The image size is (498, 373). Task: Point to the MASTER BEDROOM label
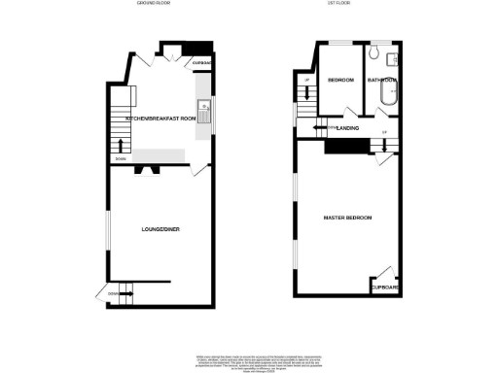pos(347,218)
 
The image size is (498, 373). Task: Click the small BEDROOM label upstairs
pos(339,80)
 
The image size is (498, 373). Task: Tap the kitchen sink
pos(205,107)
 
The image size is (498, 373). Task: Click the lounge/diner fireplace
pos(149,167)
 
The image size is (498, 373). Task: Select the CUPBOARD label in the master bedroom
pos(385,288)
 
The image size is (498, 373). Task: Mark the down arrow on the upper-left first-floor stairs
pos(307,93)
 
